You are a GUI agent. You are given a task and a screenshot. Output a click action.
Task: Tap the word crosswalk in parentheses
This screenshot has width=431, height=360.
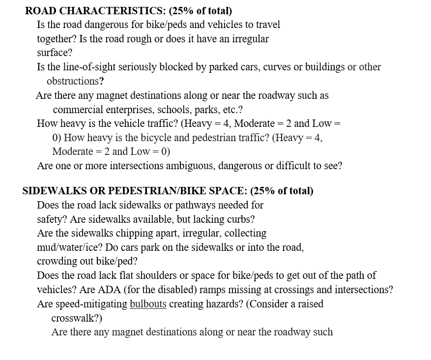pyautogui.click(x=73, y=318)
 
